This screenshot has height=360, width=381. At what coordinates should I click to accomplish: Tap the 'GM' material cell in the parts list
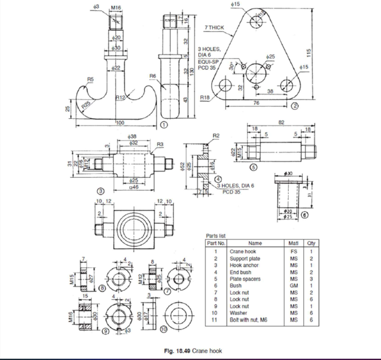tap(293, 285)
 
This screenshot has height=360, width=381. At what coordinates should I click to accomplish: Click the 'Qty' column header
tap(309, 243)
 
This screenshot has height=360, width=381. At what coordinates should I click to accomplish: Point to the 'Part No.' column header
tap(216, 243)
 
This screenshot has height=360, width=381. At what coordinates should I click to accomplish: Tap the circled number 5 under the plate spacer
tap(253, 167)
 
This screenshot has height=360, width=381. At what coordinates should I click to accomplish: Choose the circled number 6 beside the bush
tap(305, 214)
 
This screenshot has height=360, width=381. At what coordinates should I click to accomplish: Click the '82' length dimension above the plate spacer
tap(281, 123)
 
